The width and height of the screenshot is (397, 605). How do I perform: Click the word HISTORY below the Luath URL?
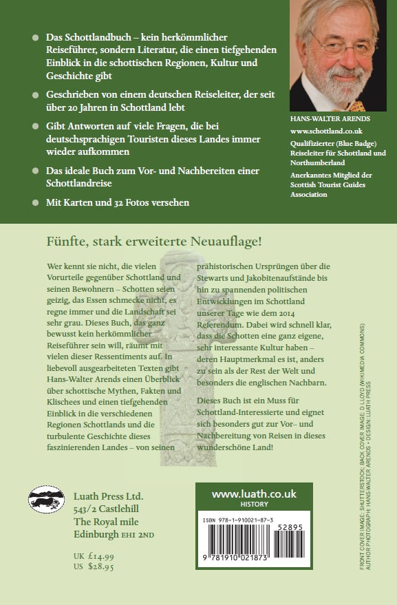253,505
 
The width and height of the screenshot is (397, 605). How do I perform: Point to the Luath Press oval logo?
47,498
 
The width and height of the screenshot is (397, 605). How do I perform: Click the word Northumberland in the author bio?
321,162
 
